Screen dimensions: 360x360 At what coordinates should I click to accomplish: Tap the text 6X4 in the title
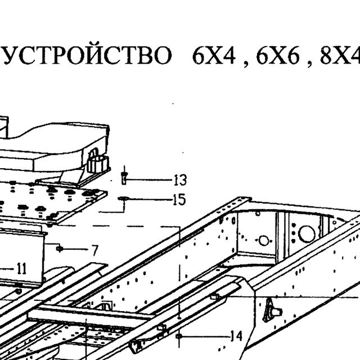tap(214, 56)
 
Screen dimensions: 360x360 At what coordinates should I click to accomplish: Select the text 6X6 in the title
tap(277, 56)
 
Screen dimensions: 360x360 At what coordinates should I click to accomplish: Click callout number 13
tap(180, 180)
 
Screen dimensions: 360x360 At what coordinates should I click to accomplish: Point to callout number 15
tap(179, 199)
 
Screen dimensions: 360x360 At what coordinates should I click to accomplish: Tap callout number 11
tap(22, 269)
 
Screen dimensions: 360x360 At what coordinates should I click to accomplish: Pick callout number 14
tap(236, 336)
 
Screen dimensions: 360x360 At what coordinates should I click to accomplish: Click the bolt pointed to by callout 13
tap(124, 178)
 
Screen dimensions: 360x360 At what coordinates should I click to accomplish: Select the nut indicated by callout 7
tap(59, 249)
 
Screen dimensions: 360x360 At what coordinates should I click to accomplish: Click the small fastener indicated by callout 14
tap(179, 336)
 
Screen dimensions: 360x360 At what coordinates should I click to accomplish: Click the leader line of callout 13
tap(150, 180)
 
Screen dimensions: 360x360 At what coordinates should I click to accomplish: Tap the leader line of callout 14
tap(206, 336)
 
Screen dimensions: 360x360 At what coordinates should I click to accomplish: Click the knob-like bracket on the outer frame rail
tap(272, 310)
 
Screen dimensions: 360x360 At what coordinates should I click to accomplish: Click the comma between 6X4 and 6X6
tap(246, 65)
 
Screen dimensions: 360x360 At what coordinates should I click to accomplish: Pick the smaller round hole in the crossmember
tap(263, 240)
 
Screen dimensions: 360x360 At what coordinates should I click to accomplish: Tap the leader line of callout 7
tap(75, 249)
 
